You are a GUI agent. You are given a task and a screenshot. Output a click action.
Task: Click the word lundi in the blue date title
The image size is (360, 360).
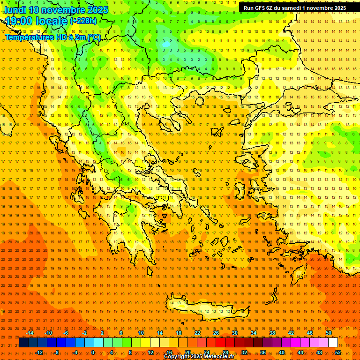(15, 10)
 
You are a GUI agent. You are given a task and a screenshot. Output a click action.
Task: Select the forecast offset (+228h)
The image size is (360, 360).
(83, 21)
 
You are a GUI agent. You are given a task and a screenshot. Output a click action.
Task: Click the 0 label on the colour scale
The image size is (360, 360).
(93, 352)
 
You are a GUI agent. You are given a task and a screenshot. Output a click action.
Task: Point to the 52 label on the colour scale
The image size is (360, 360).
(338, 352)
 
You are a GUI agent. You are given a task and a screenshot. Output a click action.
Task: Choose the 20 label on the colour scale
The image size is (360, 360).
(188, 352)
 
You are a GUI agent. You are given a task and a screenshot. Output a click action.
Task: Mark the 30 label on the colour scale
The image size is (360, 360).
(235, 333)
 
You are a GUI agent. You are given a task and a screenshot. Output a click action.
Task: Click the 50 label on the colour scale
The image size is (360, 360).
(329, 333)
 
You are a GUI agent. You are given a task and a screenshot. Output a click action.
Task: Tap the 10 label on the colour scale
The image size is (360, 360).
(141, 333)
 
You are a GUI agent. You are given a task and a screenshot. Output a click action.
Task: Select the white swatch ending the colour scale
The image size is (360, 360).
(333, 343)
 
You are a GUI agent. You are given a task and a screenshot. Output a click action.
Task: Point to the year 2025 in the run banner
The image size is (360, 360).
(337, 8)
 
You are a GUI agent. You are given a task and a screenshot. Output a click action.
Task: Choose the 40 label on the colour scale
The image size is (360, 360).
(282, 352)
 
